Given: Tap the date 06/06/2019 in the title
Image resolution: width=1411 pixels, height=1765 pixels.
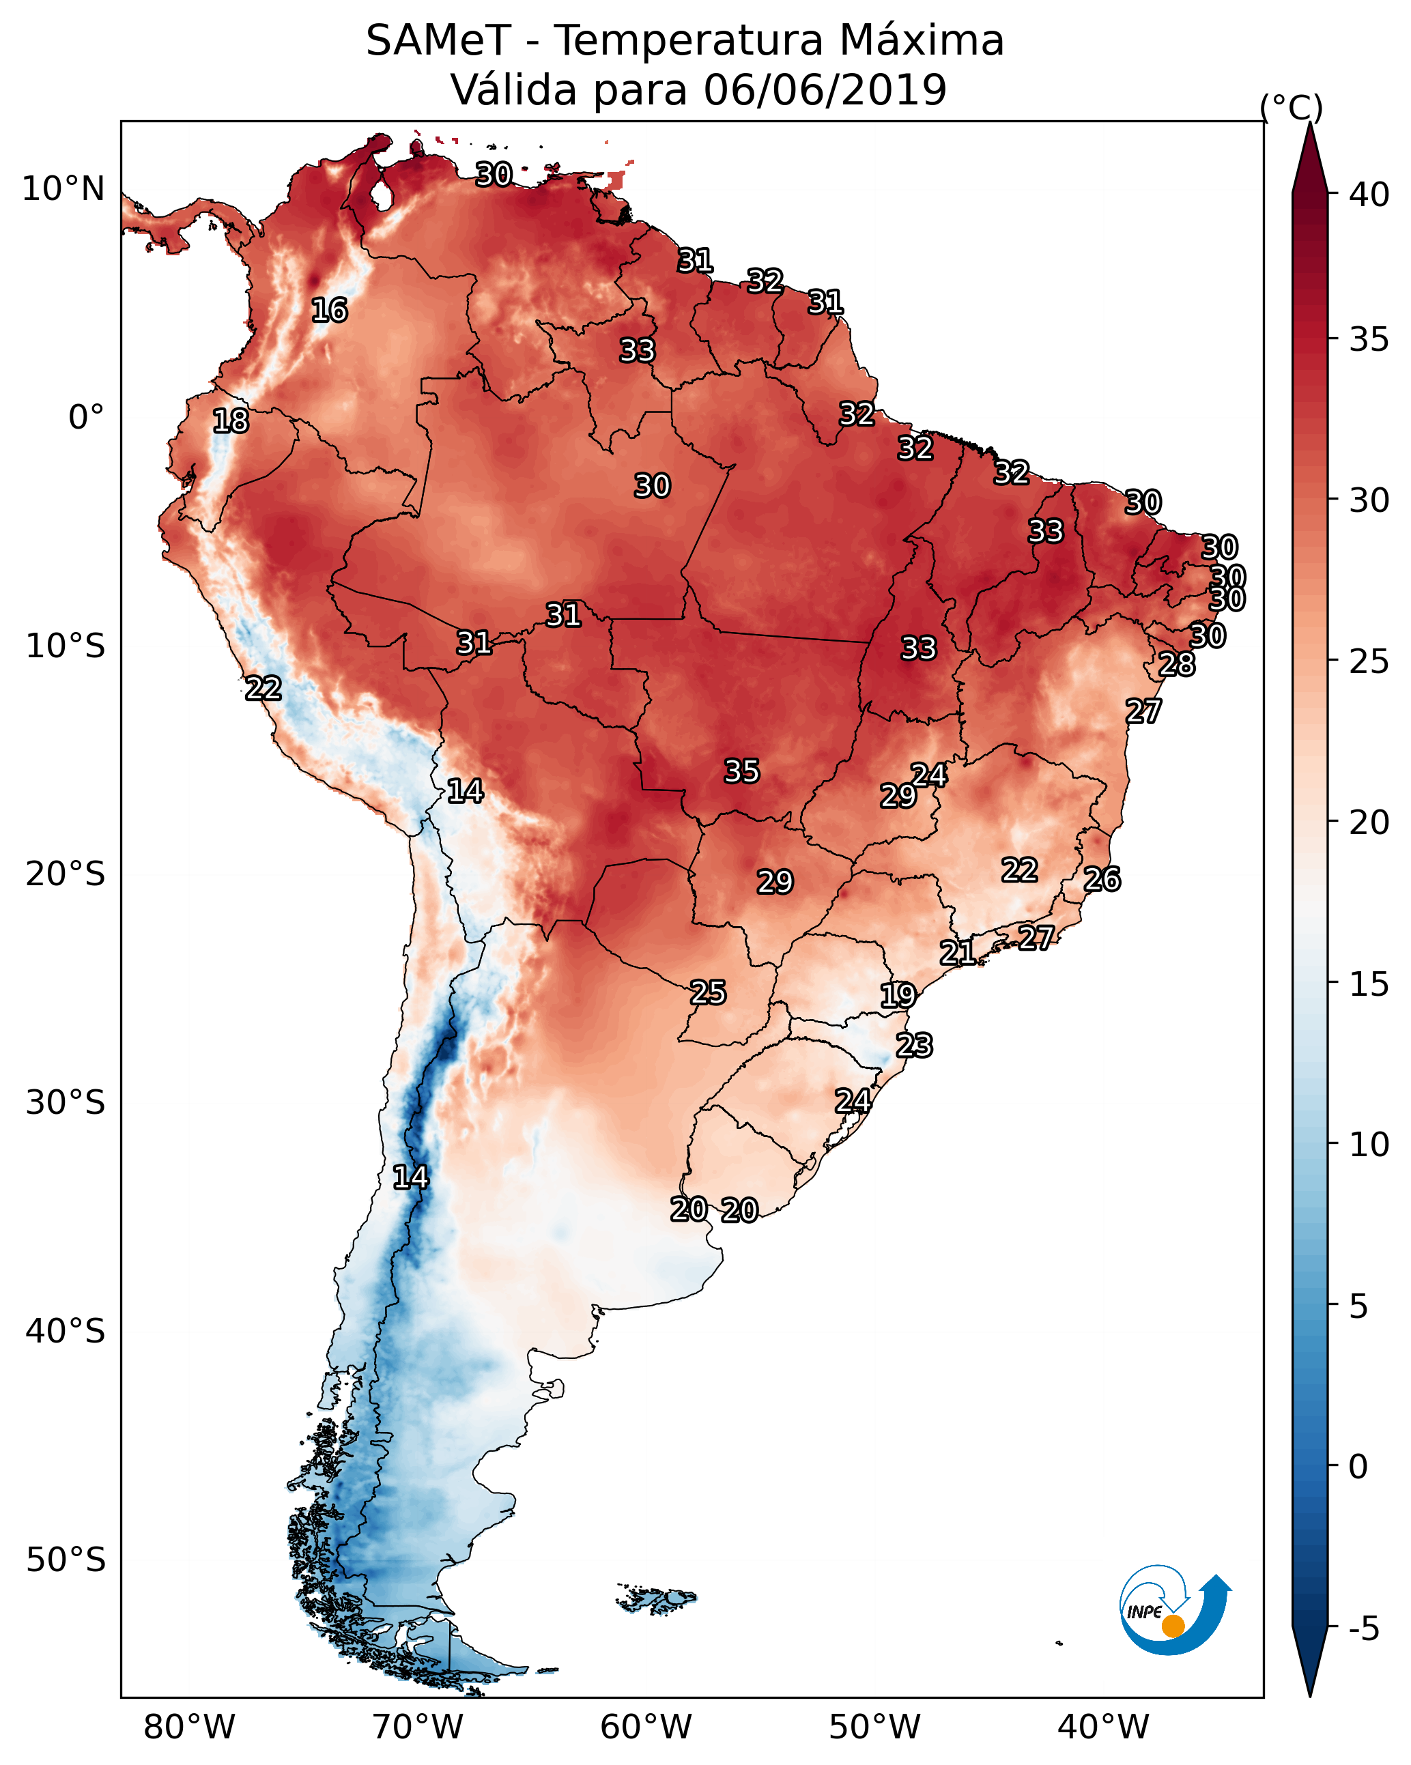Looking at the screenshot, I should [x=825, y=90].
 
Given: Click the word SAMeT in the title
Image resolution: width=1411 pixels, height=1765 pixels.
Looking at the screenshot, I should [x=438, y=41].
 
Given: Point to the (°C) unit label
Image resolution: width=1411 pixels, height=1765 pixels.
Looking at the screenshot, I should [x=1291, y=107].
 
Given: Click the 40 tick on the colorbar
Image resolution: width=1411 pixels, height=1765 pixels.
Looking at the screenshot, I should [x=1369, y=195].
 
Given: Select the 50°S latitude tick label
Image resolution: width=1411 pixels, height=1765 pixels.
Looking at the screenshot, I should [x=66, y=1560].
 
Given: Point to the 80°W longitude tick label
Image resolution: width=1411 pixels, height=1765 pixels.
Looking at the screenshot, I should [x=189, y=1727].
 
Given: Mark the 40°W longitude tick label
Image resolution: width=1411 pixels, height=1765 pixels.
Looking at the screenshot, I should [x=1103, y=1727].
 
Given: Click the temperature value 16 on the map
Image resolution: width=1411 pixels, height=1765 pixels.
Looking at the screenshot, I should [x=329, y=311].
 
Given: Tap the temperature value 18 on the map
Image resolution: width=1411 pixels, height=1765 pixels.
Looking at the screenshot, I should [x=230, y=421].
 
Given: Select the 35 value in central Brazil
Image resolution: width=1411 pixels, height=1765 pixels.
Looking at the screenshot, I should [x=742, y=771].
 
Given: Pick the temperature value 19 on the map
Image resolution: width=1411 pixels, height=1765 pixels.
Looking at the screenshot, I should [x=898, y=996].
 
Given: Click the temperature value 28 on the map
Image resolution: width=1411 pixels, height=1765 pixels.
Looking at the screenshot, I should [x=1177, y=665].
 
